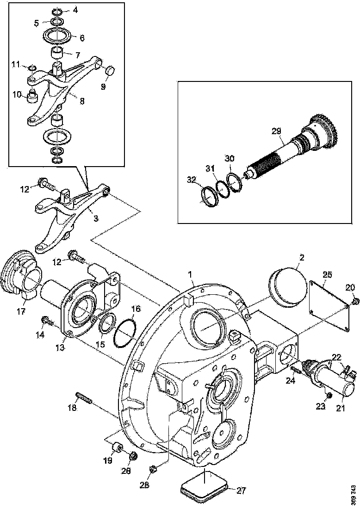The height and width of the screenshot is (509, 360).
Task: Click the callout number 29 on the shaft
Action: point(276,131)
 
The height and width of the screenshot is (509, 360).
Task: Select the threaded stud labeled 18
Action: point(82,397)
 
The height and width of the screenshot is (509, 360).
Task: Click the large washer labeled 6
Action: point(57,35)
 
